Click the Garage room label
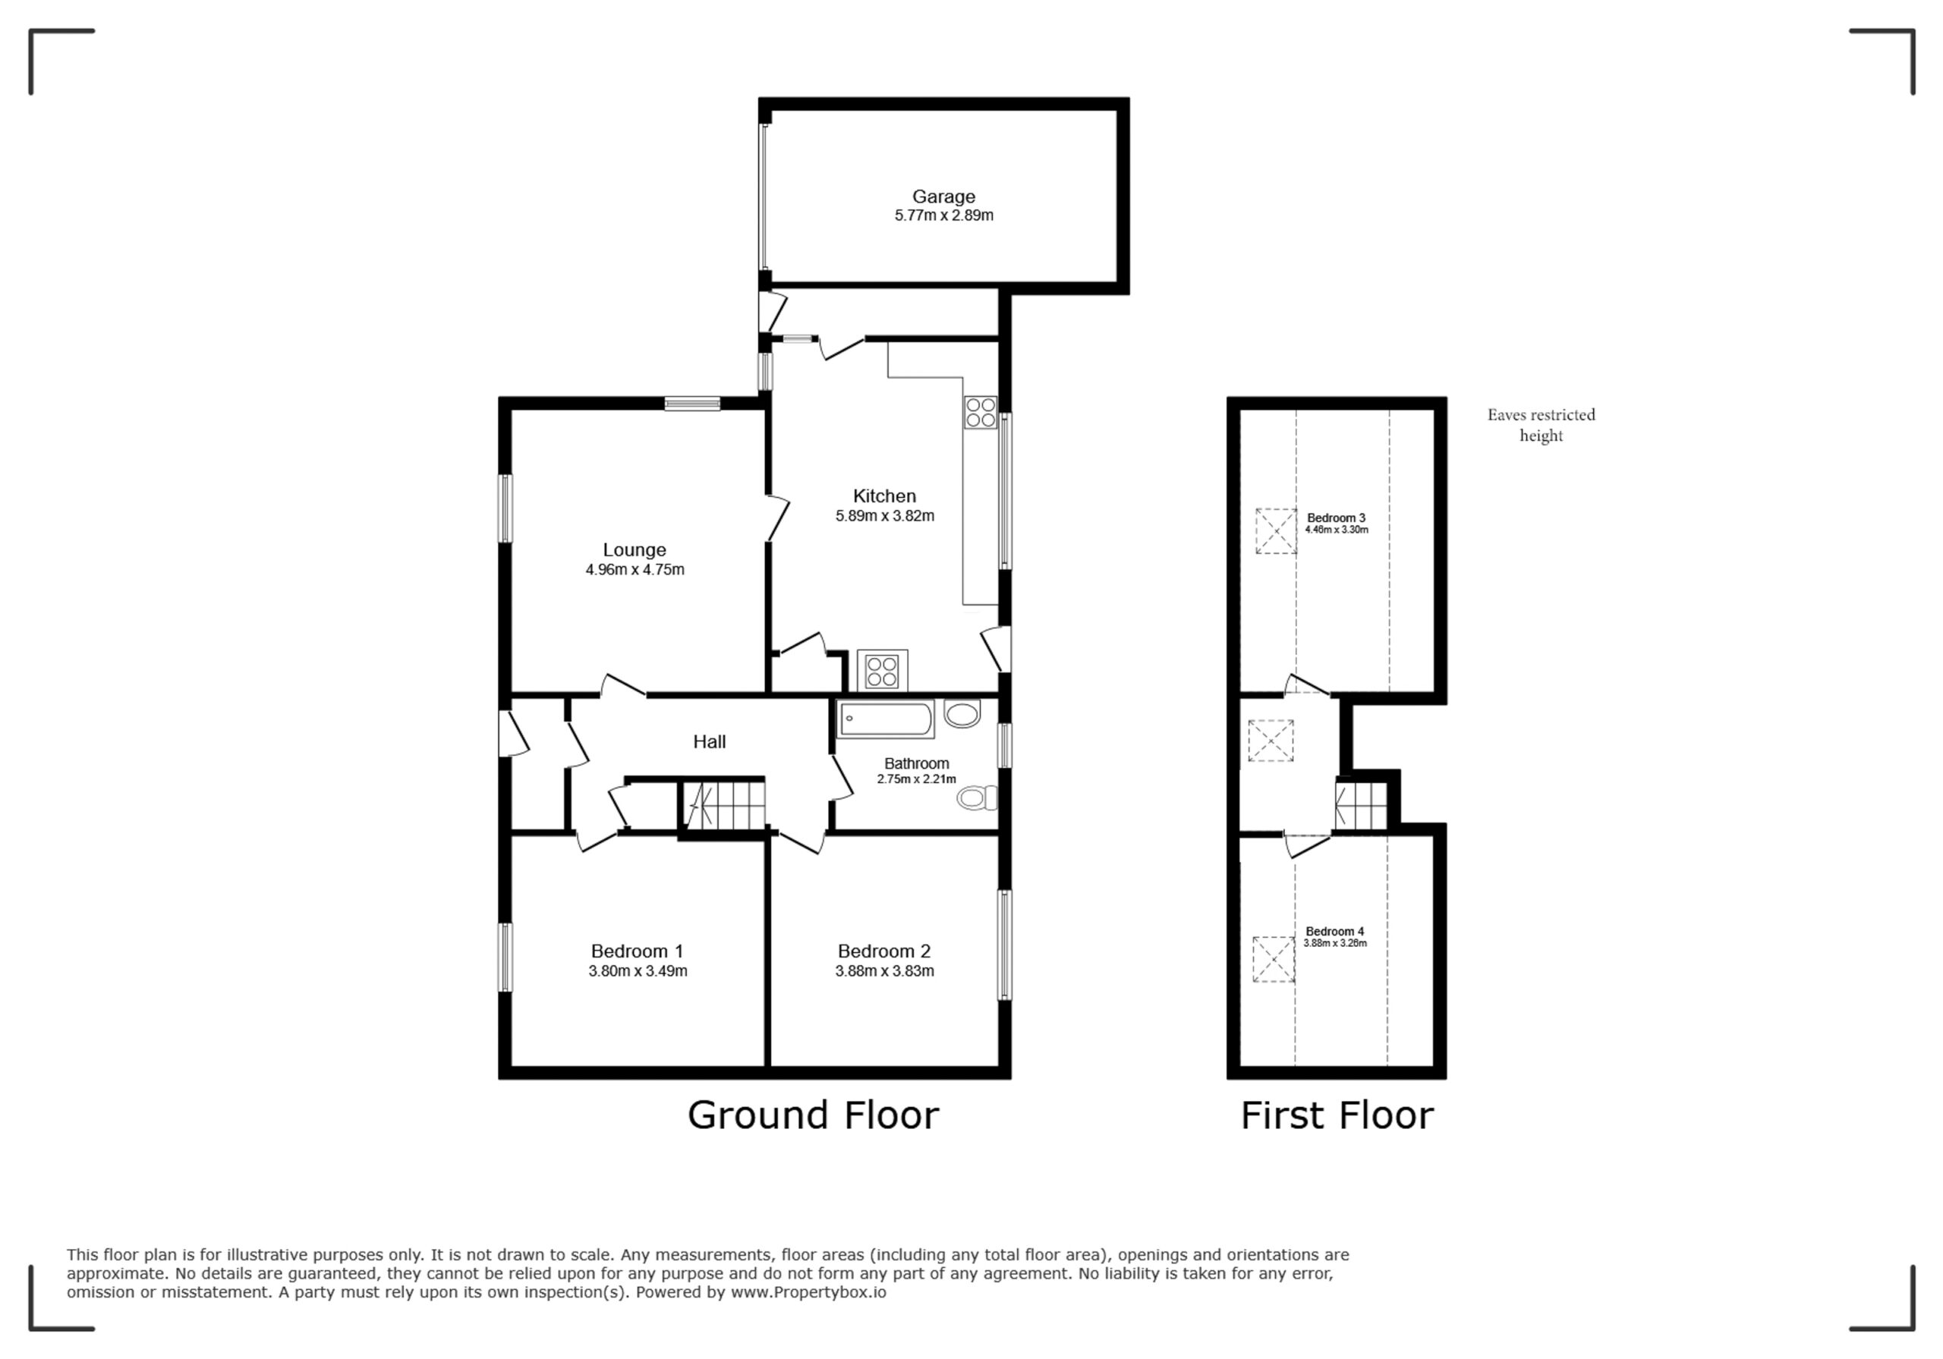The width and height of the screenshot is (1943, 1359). click(943, 197)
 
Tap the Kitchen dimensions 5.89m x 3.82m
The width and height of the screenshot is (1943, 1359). click(884, 515)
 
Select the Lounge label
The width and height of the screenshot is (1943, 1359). click(634, 550)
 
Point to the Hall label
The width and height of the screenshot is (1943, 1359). click(709, 741)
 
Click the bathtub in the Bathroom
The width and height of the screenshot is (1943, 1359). click(886, 719)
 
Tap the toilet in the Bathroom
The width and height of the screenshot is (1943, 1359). click(978, 797)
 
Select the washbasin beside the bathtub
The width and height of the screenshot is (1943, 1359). click(962, 714)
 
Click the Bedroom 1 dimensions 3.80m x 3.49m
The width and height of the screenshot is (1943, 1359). click(638, 970)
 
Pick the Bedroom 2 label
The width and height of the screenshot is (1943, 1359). click(884, 951)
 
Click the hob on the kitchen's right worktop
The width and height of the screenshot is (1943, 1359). click(981, 412)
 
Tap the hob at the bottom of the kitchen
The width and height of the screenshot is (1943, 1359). click(882, 670)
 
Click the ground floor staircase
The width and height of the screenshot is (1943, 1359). click(723, 805)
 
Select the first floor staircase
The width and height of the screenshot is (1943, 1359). click(1362, 806)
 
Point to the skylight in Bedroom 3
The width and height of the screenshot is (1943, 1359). click(1276, 530)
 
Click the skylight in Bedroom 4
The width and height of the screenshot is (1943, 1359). click(1274, 959)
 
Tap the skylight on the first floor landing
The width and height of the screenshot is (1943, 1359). click(1271, 741)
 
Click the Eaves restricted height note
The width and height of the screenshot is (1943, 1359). click(1541, 425)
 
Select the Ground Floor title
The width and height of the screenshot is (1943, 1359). click(813, 1115)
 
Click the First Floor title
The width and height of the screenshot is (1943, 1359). click(1337, 1115)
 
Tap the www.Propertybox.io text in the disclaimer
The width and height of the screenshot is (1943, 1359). click(808, 1292)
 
